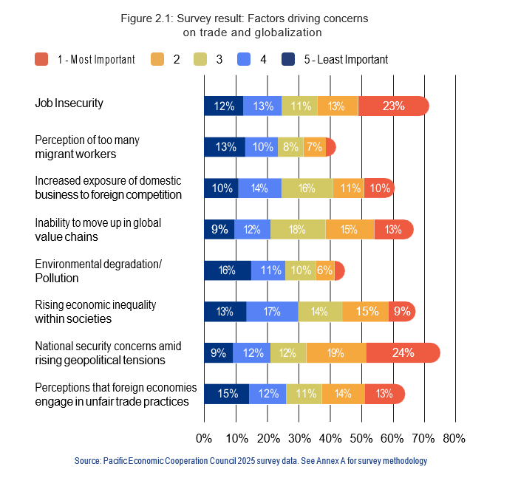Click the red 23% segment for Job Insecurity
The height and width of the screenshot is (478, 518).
[393, 106]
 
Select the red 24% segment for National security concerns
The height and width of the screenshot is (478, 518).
[403, 352]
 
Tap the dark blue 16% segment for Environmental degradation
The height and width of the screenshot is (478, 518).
[228, 270]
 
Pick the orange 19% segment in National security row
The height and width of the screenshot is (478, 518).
[336, 352]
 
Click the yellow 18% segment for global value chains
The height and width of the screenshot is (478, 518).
[298, 229]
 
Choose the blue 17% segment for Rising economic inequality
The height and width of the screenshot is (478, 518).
[272, 312]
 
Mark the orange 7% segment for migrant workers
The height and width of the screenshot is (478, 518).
[314, 147]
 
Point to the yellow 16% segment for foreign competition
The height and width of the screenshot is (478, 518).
[307, 188]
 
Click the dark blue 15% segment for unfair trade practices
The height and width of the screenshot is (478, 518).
[227, 394]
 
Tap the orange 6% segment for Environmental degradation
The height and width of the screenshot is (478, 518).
[324, 270]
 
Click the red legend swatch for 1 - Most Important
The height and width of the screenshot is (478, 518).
[41, 59]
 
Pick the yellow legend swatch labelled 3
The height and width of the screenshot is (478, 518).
[198, 59]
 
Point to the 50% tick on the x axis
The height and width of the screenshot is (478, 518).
[361, 438]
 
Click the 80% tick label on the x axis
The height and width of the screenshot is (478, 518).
[454, 438]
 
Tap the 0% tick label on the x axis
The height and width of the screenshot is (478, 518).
[205, 438]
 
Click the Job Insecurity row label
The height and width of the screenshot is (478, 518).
[69, 103]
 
